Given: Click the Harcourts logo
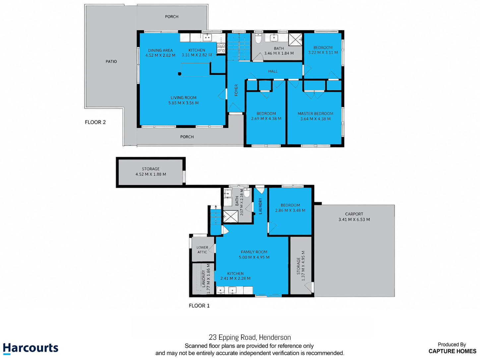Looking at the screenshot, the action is coord(30,348).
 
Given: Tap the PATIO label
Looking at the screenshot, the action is coord(111,62).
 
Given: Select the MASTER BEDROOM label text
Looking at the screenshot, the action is coord(315,114).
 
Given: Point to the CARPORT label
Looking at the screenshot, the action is coord(354,214).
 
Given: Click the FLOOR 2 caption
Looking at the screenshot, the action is coord(95,122).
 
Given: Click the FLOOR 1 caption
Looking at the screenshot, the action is coord(199,306).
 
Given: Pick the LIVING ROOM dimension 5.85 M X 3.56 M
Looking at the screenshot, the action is coord(183,103).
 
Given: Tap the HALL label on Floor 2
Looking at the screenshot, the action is coord(273,71).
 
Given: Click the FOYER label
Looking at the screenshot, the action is coord(236,90).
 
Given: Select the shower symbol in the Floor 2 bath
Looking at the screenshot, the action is coord(295,39).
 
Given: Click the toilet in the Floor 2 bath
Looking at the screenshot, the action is coord(258,38).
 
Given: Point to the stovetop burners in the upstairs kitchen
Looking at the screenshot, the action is coord(221,48).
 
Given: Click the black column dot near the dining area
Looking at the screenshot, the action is coord(180,74).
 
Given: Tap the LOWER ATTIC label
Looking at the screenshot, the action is coord(202,250).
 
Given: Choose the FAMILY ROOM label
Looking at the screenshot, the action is coord(254,252).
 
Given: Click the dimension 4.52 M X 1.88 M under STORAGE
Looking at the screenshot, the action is coord(151,174).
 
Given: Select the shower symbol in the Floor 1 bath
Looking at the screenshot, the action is coord(230,216).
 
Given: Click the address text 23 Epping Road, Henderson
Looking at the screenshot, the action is coord(250,337).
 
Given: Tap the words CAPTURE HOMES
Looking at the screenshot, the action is coord(452,351).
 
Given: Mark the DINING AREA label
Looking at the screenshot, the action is coord(160,50).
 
